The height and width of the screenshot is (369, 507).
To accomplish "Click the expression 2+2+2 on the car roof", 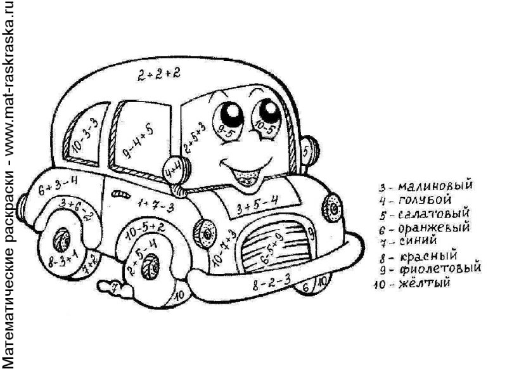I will pyautogui.click(x=158, y=74).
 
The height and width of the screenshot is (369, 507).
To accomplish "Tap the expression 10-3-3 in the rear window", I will pyautogui.click(x=85, y=134).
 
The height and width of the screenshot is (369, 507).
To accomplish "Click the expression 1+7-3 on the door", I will pyautogui.click(x=155, y=204).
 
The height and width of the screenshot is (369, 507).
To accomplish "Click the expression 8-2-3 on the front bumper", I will pyautogui.click(x=271, y=279).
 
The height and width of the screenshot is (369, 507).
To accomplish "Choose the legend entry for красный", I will pyautogui.click(x=418, y=256).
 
